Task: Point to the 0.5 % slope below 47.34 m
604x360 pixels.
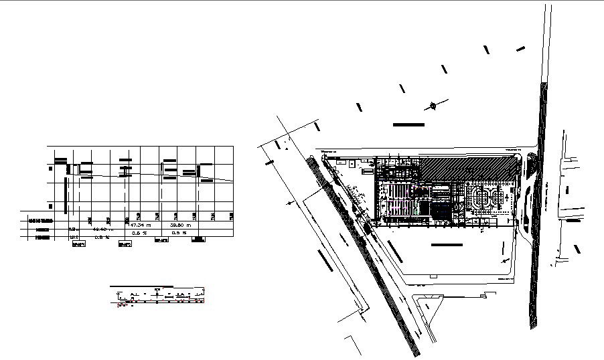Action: [139, 233]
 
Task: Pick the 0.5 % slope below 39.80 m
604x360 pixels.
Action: [179, 233]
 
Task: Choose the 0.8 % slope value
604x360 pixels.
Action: [102, 236]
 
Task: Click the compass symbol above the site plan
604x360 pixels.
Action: [434, 104]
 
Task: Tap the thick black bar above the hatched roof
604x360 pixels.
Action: [408, 124]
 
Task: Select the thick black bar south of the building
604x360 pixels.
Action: [447, 246]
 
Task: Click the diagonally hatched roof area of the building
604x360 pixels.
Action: [462, 167]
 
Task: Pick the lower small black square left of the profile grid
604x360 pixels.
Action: [50, 206]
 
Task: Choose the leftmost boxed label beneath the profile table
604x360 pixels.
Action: [78, 245]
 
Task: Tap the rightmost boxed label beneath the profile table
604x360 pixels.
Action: [198, 240]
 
